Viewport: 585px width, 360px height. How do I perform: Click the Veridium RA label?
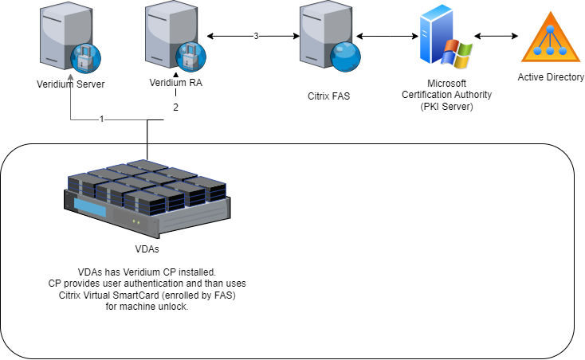tap(175, 82)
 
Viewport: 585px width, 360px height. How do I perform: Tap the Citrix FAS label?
tap(329, 96)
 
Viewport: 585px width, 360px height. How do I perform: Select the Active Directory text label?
tap(551, 77)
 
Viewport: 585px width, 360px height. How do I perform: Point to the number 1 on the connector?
tap(101, 119)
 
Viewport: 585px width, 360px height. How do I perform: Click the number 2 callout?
tap(175, 108)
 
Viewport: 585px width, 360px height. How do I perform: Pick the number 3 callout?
tap(255, 37)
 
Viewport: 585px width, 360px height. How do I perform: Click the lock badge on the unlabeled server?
tap(84, 58)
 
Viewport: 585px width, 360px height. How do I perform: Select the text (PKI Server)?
tap(446, 106)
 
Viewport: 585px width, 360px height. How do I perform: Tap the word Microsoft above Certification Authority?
tap(446, 83)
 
